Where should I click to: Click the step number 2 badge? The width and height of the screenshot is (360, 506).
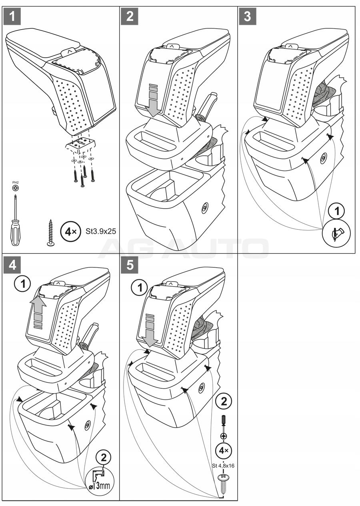click(x=130, y=16)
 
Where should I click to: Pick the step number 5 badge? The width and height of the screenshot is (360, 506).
click(x=130, y=265)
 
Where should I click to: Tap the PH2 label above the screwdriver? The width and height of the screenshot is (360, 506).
click(x=16, y=183)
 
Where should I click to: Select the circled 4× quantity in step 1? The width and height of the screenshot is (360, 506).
click(x=71, y=232)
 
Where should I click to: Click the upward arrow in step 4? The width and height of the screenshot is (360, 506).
click(x=38, y=312)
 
